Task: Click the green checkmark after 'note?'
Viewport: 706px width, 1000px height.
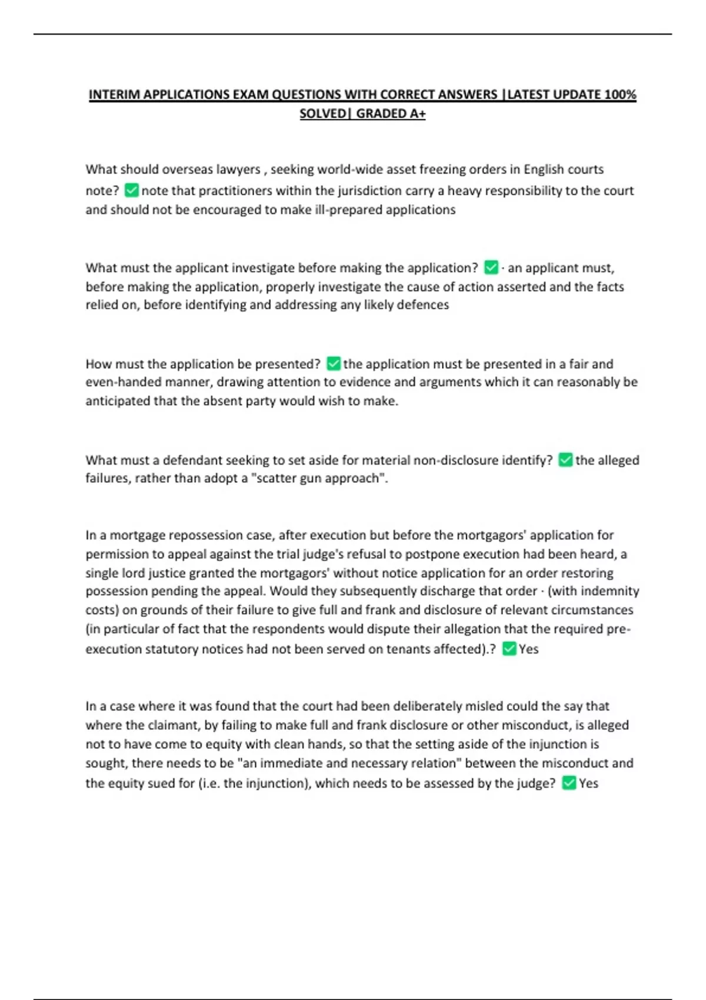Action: click(132, 190)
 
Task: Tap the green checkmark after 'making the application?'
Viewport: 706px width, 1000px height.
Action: click(491, 268)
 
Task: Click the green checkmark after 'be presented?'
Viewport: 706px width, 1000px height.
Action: click(333, 364)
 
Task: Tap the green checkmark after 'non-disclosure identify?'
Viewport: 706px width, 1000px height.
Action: click(565, 460)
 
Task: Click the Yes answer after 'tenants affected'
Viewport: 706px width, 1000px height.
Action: click(528, 649)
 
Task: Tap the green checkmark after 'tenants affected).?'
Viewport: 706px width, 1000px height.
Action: click(509, 649)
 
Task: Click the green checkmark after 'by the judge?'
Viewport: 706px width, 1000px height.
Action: click(569, 783)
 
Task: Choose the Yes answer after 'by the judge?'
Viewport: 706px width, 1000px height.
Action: click(588, 783)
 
